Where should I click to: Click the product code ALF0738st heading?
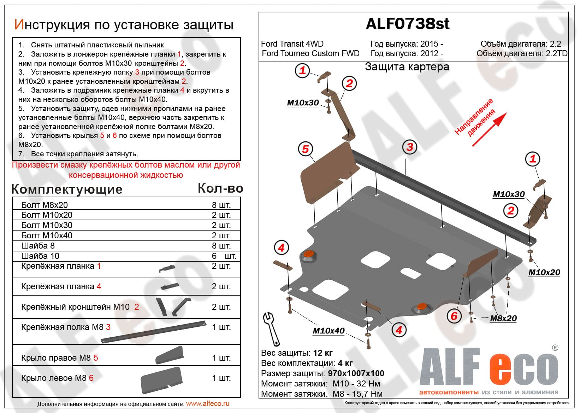407,24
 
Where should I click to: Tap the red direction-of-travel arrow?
490,129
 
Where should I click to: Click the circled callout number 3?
410,147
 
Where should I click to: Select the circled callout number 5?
306,149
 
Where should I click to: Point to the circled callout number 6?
454,316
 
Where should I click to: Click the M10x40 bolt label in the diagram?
329,331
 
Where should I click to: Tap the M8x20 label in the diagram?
503,318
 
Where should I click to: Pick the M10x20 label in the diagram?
544,272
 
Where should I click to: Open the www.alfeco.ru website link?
207,403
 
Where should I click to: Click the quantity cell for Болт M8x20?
221,205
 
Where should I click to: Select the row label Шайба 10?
40,256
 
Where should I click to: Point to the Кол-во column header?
220,188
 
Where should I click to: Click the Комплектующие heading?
67,190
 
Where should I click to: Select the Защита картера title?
407,67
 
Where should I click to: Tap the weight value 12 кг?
322,353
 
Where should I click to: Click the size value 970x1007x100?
356,373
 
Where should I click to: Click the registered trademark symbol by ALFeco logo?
555,348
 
